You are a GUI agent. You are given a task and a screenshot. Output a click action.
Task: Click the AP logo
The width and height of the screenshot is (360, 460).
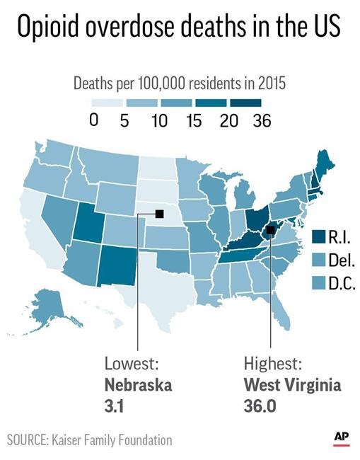point(342,439)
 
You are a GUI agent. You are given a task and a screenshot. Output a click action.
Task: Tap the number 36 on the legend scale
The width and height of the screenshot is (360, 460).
point(260,120)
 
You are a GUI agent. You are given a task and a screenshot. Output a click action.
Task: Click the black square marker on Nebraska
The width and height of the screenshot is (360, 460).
point(159,210)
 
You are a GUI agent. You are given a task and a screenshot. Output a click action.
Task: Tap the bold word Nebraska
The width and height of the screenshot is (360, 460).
point(139,386)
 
